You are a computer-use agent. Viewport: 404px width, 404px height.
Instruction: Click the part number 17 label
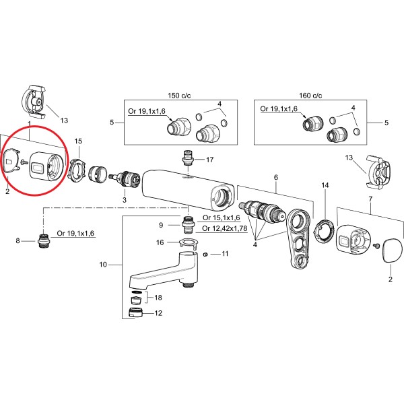pyautogui.click(x=209, y=160)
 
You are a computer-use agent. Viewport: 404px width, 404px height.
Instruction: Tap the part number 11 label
pyautogui.click(x=226, y=254)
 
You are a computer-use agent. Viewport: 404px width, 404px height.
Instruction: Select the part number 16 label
pyautogui.click(x=160, y=242)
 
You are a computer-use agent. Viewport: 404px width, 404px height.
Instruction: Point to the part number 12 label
pyautogui.click(x=159, y=313)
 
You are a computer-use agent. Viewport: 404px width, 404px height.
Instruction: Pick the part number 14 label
pyautogui.click(x=325, y=184)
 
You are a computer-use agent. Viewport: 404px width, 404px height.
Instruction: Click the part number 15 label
pyautogui.click(x=78, y=141)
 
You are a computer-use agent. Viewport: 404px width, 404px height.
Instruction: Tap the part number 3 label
pyautogui.click(x=124, y=200)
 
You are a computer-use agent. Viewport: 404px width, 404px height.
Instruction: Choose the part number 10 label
pyautogui.click(x=103, y=265)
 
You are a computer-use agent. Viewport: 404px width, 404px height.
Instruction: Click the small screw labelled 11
pyautogui.click(x=205, y=254)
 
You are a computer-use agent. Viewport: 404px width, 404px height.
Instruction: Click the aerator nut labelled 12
pyautogui.click(x=135, y=312)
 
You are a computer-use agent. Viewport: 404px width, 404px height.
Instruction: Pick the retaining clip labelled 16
pyautogui.click(x=190, y=242)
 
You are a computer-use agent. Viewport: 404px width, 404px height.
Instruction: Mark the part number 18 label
pyautogui.click(x=158, y=297)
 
